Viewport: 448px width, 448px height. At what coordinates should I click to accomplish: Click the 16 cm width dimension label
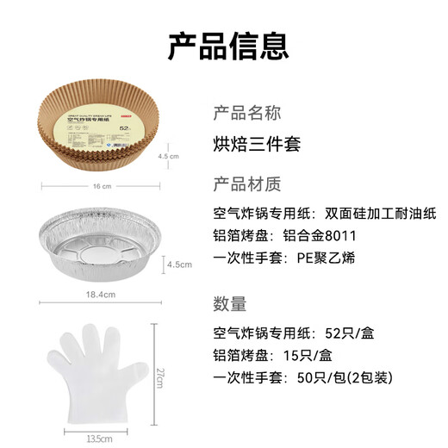pos(100,186)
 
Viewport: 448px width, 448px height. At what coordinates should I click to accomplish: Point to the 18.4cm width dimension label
pos(102,294)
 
